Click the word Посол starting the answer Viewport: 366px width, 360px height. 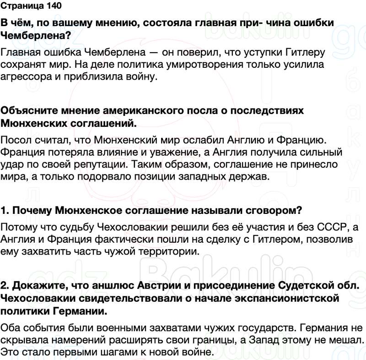coord(15,139)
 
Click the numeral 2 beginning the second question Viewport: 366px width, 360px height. coord(5,286)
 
